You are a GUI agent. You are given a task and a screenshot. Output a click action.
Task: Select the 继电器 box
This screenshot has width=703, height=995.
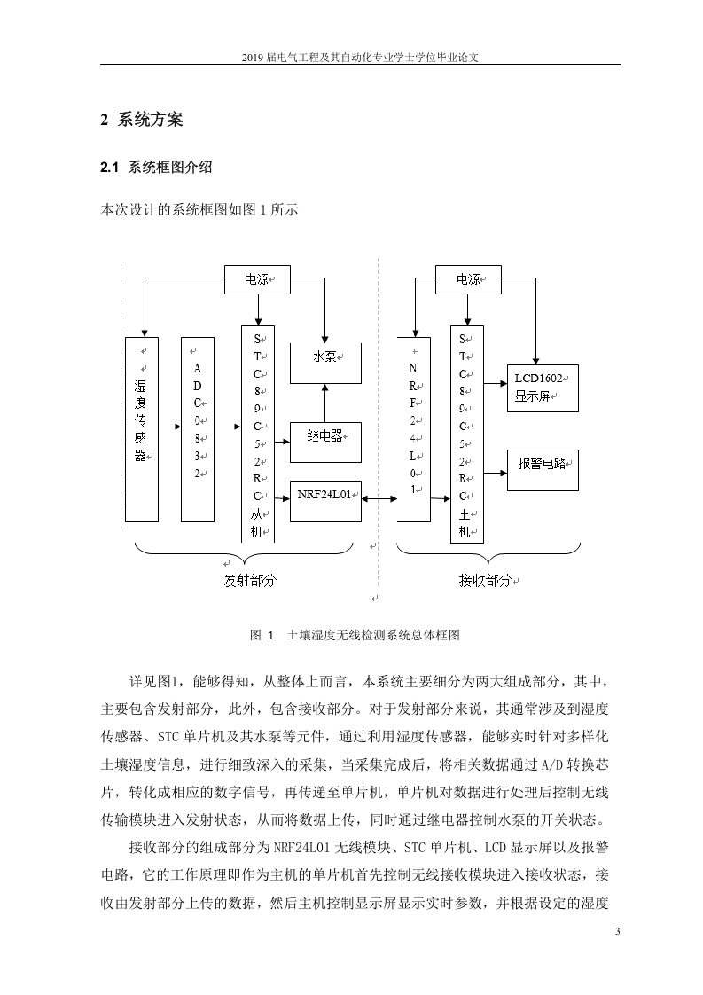325,443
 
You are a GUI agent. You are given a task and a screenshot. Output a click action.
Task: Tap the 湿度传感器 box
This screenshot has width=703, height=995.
142,429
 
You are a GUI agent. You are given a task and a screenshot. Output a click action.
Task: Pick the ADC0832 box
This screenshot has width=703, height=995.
198,429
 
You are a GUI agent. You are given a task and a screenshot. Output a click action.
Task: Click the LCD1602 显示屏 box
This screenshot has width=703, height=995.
543,388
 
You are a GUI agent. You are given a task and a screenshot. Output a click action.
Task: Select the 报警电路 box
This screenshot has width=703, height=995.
543,470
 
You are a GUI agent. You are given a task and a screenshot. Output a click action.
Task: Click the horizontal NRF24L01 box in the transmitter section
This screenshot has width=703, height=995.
325,501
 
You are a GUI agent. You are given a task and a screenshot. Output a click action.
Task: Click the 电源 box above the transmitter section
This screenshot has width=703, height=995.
258,280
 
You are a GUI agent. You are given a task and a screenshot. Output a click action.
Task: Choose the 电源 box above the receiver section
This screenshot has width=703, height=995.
468,280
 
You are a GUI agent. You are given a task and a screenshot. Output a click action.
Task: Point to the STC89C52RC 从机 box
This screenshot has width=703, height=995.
258,434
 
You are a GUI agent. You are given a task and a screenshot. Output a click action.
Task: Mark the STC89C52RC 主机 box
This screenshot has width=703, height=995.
467,434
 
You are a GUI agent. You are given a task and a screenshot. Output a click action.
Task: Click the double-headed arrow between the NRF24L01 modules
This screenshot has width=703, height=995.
379,499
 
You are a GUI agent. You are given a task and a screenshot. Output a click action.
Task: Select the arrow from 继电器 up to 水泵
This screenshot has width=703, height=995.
325,403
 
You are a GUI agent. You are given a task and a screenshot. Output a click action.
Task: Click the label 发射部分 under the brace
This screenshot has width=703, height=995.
251,580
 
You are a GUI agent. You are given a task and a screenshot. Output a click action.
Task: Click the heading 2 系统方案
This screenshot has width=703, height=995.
142,120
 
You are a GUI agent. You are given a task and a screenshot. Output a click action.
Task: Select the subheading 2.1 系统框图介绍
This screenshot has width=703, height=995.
156,168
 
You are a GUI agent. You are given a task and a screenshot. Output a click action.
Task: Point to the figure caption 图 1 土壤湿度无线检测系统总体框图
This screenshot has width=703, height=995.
355,635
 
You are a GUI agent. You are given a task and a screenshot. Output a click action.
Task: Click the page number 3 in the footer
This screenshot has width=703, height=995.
617,931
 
